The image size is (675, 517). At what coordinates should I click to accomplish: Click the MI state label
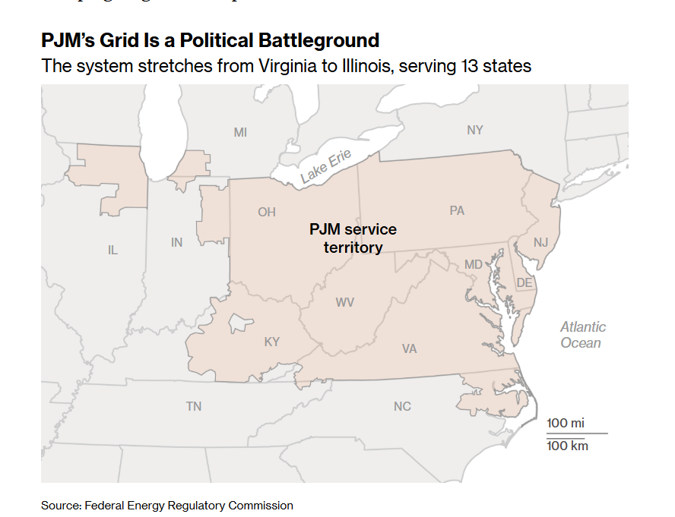(240, 132)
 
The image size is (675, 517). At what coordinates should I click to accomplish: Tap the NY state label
(474, 130)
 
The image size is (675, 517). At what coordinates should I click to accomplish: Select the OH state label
(266, 212)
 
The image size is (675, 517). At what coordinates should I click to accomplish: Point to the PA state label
(456, 210)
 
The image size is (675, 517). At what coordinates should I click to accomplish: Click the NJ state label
(540, 242)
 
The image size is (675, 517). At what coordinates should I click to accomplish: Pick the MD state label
(474, 264)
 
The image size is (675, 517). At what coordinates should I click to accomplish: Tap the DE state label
(524, 282)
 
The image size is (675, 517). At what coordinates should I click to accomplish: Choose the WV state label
(345, 302)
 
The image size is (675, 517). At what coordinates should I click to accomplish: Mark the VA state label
(409, 348)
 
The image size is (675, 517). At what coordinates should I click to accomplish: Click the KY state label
(271, 342)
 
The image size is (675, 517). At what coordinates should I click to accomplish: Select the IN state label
(176, 242)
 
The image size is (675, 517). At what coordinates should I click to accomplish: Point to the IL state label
(112, 250)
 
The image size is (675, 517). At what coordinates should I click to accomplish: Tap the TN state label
(194, 406)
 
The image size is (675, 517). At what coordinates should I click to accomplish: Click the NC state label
(402, 406)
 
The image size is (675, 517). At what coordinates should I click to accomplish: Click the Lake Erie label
(325, 168)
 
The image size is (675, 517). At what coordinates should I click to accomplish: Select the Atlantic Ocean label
(583, 335)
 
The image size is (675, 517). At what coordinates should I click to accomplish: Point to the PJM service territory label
(353, 238)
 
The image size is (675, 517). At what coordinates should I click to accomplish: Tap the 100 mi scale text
(566, 423)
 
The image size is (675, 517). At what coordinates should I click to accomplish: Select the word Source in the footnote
(60, 505)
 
